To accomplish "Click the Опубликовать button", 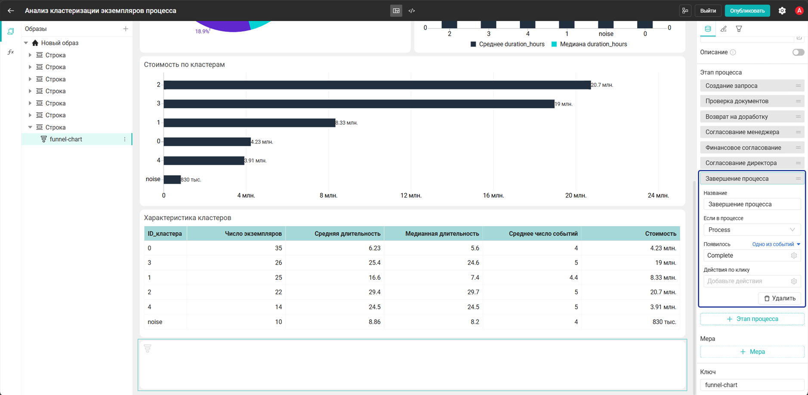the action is tap(747, 11).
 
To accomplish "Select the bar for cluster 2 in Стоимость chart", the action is tap(377, 85).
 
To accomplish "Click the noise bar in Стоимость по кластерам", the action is tap(172, 179).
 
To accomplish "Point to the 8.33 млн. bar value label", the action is tap(346, 123).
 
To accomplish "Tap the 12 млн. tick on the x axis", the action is tap(411, 195).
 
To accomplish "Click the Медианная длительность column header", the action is tap(442, 234).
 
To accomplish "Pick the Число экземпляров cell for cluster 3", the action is tap(278, 262).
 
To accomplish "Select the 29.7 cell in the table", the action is tap(473, 292).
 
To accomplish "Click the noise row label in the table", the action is tap(155, 322).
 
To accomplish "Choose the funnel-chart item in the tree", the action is tap(66, 139).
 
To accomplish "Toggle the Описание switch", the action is tap(798, 52).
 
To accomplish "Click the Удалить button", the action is tap(780, 298).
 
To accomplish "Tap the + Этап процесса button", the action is tap(752, 319).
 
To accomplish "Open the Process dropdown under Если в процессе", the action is tap(752, 230).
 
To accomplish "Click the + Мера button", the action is tap(752, 352).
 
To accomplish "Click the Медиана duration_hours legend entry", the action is tap(589, 44).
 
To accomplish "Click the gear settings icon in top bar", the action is tap(782, 11).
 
